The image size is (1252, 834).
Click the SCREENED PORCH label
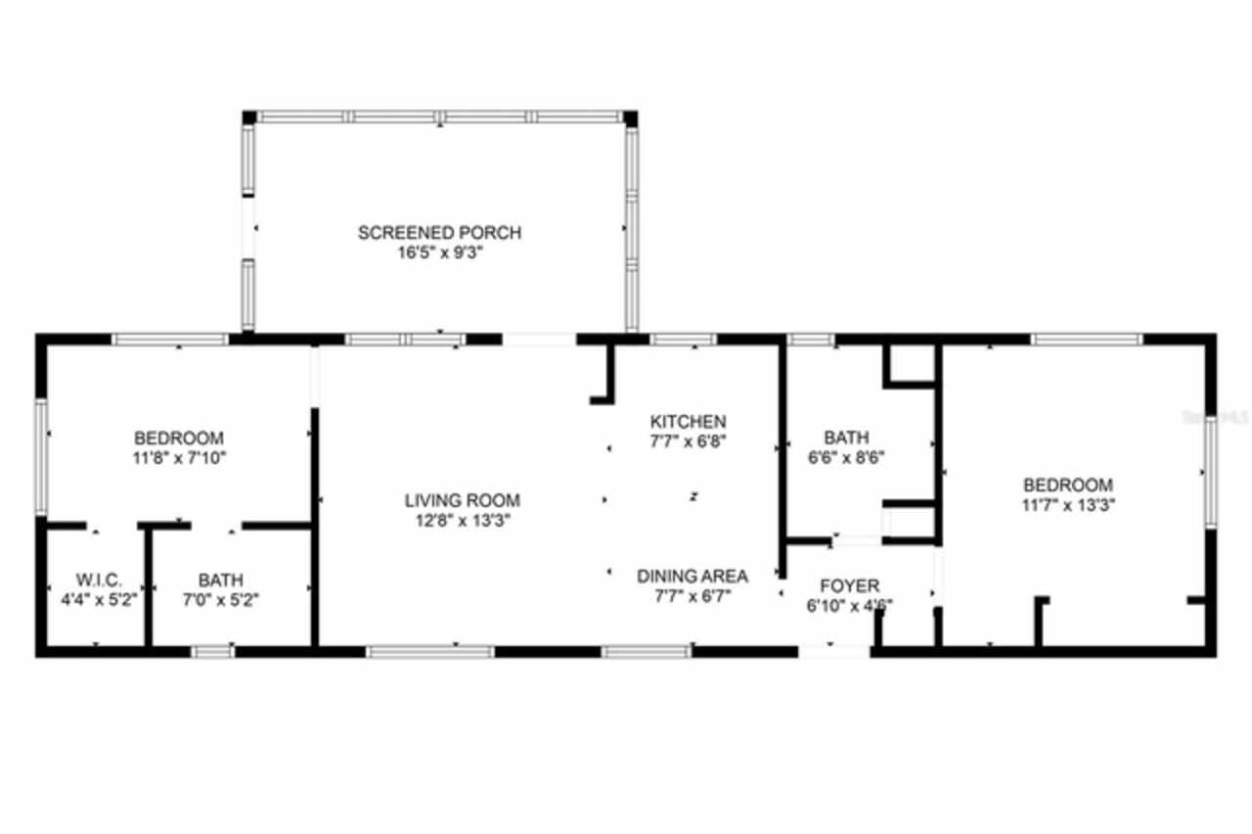439,233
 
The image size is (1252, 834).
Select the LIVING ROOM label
463,500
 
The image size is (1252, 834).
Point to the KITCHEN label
689,421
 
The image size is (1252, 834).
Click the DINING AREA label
693,576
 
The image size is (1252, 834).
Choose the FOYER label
849,585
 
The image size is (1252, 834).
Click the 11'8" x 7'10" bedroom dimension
179,457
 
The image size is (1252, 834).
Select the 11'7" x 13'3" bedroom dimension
1068,505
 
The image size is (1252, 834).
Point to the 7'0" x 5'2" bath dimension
221,600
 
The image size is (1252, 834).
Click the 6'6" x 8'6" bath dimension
846,457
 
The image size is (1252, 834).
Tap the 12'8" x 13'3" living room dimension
463,521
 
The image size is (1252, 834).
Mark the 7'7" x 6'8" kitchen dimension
689,440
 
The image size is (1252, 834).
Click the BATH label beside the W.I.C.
221,579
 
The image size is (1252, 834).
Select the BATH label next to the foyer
846,438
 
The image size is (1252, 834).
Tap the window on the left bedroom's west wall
42,457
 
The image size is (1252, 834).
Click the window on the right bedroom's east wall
1211,472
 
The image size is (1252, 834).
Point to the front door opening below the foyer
834,649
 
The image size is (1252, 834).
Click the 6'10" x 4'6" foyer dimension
849,605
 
